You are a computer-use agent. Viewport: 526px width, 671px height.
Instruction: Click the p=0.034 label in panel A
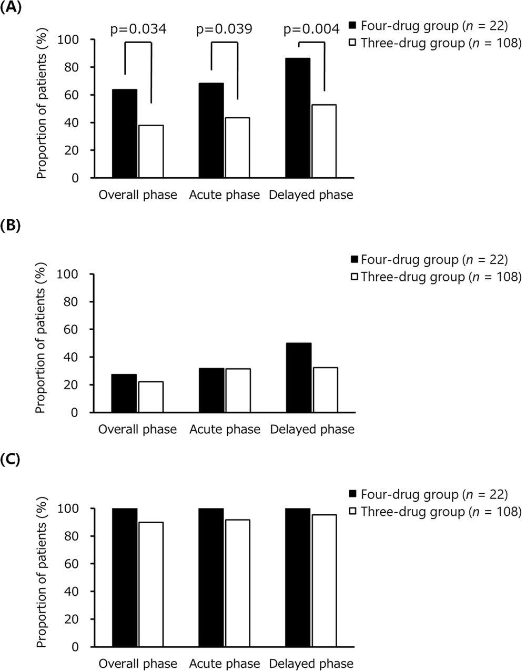pos(138,29)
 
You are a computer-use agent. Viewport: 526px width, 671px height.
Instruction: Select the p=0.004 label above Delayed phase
pos(311,29)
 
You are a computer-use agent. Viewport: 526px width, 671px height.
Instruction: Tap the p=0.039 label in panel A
pos(225,29)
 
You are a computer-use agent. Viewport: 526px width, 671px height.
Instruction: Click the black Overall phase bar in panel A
pos(125,134)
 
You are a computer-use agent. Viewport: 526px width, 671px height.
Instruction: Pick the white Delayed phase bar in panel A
pos(323,141)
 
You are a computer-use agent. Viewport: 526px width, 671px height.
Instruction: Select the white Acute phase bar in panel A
pos(237,148)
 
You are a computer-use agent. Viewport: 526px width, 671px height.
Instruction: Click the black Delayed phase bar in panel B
pos(298,378)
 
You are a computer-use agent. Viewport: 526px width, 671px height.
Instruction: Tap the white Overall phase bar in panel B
pos(151,397)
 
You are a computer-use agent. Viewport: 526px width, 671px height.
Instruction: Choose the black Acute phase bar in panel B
pos(211,390)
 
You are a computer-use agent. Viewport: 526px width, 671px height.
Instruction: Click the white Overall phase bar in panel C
pos(151,584)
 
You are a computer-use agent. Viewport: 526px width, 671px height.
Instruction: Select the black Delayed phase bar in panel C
pos(298,577)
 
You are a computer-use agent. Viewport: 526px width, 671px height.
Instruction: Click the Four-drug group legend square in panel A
pos(353,25)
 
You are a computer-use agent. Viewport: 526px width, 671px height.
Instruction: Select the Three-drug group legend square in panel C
pos(353,511)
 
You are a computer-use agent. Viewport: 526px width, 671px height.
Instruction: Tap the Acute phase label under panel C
pos(225,664)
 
